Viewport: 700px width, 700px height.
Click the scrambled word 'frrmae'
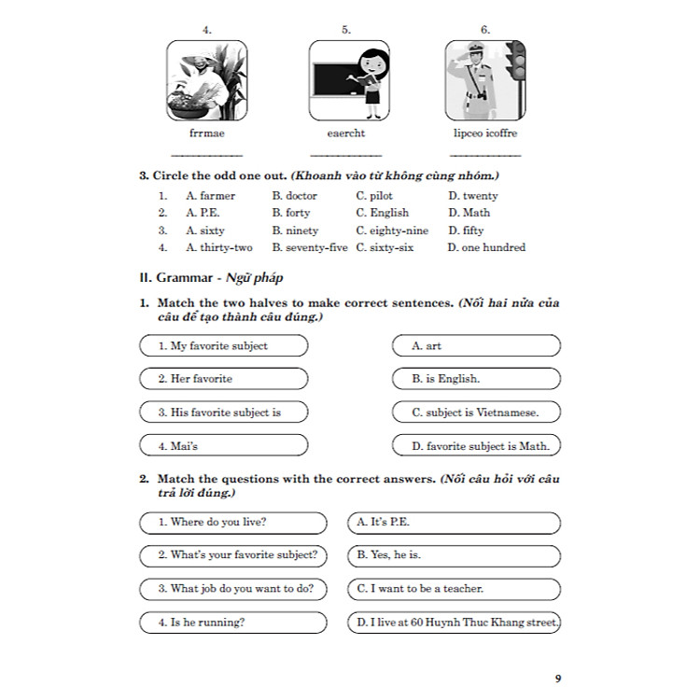[206, 133]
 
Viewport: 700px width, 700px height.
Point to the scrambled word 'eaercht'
[346, 133]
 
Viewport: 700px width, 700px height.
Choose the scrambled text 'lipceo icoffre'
[484, 133]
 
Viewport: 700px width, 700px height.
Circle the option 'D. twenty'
[472, 196]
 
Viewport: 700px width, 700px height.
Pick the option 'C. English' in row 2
[383, 213]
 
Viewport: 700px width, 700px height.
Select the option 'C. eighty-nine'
[392, 231]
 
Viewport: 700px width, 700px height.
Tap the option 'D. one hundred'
[486, 247]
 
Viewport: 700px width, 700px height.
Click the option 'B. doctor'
[295, 196]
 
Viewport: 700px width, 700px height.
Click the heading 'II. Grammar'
[184, 277]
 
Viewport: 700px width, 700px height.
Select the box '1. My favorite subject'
[223, 346]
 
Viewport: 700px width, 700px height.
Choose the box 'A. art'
[476, 346]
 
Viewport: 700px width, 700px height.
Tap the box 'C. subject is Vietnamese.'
[476, 413]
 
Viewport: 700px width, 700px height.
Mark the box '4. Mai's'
[223, 445]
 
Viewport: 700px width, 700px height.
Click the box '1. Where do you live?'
[232, 523]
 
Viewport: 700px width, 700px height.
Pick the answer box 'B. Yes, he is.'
[455, 555]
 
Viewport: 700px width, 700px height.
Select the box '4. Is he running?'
[232, 623]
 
